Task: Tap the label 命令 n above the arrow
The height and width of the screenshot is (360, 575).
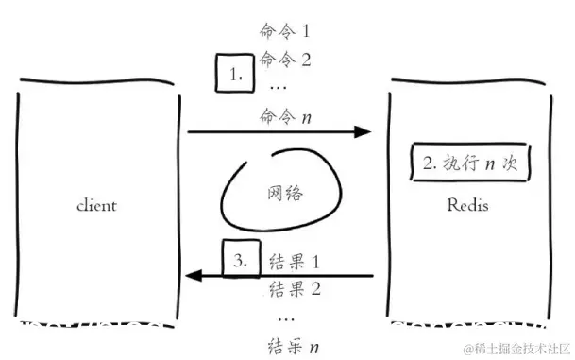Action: click(x=285, y=116)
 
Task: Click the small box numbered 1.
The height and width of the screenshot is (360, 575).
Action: click(x=235, y=72)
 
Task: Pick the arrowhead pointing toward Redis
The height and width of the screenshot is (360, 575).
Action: click(x=364, y=132)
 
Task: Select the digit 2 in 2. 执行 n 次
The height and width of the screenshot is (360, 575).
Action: click(x=427, y=163)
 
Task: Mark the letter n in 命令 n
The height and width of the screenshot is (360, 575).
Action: click(x=309, y=117)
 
